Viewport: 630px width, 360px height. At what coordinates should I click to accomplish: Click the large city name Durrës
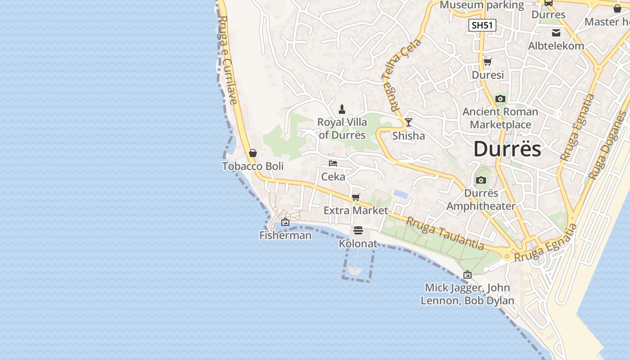coord(507,149)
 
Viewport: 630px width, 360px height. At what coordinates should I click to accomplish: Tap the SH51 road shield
coord(482,25)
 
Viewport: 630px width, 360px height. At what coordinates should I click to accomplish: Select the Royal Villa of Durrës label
coord(342,128)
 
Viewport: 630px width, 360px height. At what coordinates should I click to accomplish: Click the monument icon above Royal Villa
coord(342,109)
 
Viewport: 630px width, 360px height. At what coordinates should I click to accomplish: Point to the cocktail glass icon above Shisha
coord(408,122)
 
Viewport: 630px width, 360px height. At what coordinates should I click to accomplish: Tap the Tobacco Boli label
coord(252,166)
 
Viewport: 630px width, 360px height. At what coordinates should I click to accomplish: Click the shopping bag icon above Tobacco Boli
coord(252,153)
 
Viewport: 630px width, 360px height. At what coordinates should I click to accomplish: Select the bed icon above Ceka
coord(333,163)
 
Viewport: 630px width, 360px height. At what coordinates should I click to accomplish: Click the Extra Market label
coord(355,210)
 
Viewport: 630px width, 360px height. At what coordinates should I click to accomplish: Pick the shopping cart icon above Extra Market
coord(355,197)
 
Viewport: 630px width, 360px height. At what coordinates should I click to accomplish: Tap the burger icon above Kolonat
coord(358,230)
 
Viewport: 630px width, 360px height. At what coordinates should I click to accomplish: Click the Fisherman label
coord(285,235)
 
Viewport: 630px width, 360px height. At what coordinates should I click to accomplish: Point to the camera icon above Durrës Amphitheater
coord(481,180)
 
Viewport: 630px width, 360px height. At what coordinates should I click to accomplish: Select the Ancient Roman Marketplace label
coord(500,118)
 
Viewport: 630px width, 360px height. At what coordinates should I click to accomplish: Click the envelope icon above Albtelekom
coord(556,32)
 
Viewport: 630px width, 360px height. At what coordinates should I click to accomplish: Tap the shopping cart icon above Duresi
coord(487,62)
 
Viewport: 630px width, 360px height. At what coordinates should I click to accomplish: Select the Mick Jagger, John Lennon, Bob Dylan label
coord(468,294)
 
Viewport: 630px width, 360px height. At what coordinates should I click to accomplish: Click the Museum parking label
coord(481,5)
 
